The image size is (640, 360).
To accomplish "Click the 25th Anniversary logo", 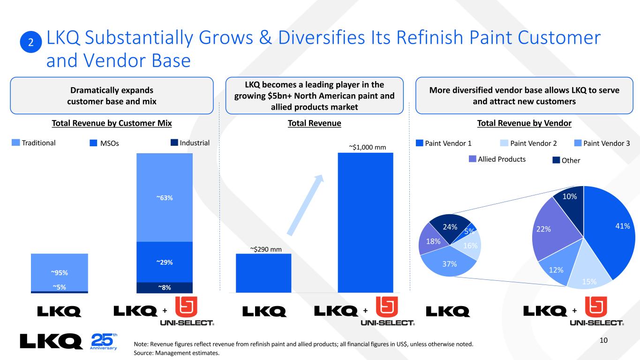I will click(x=103, y=341).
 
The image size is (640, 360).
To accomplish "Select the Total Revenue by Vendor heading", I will click(x=524, y=123).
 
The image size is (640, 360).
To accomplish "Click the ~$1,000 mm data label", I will click(x=367, y=147).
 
